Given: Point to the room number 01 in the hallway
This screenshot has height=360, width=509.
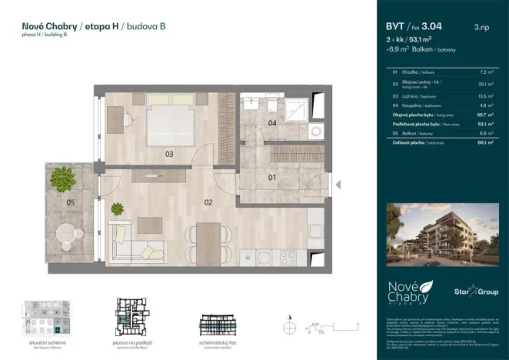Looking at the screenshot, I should point(271,178).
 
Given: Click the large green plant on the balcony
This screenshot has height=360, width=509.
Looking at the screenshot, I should point(62,179).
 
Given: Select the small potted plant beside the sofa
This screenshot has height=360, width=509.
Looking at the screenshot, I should point(118,207).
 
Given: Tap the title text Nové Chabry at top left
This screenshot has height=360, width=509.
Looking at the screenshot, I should point(48,26).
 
